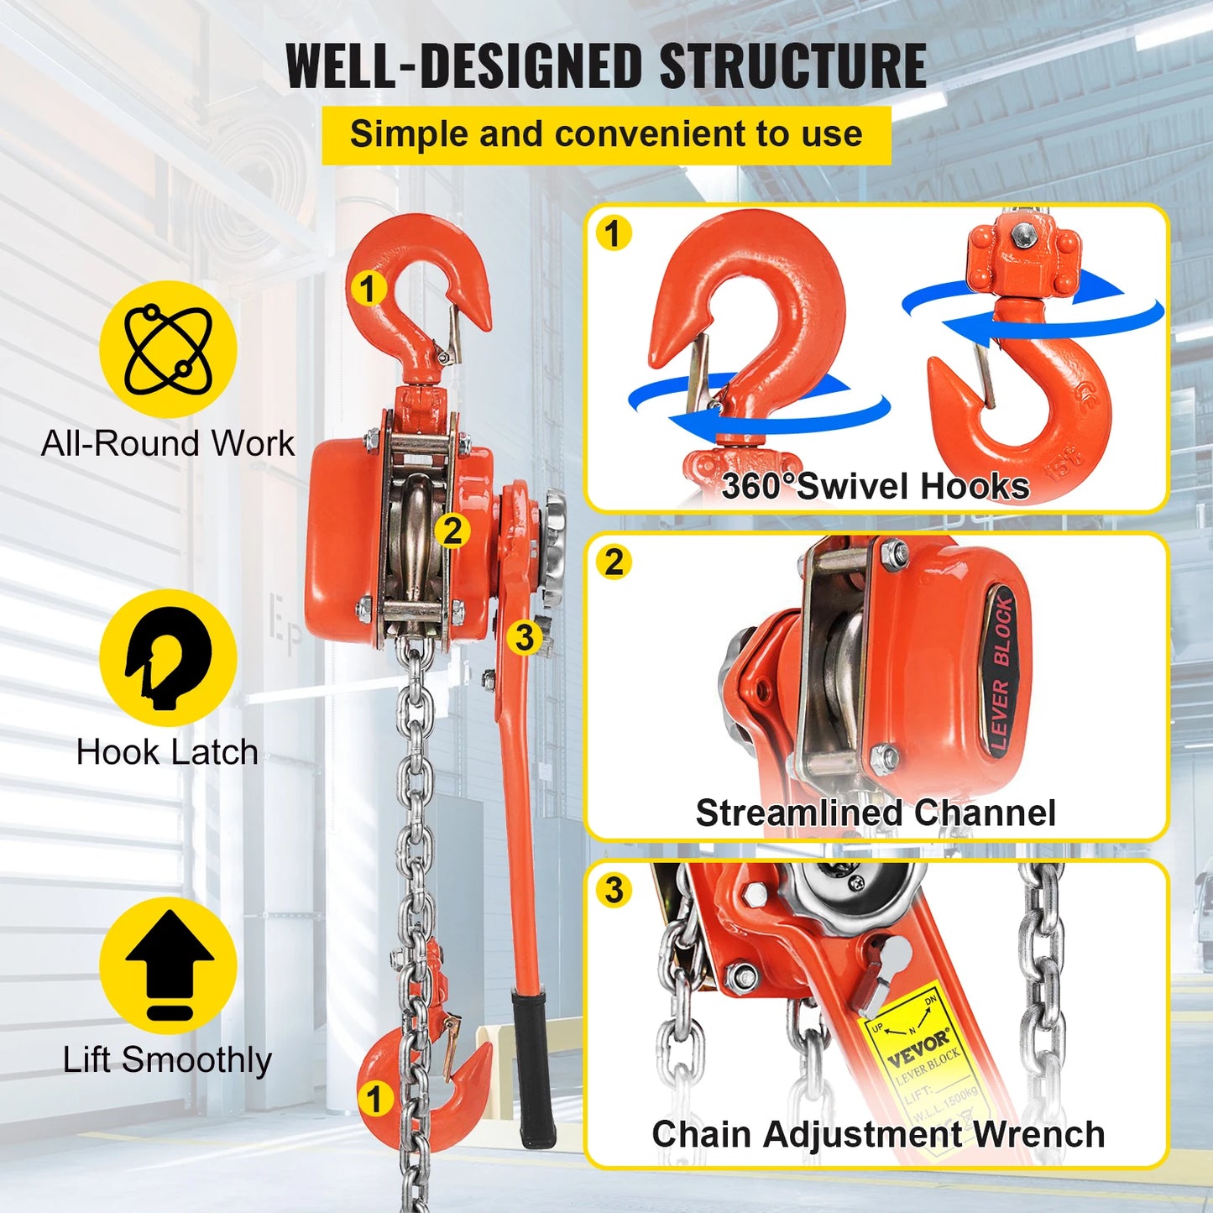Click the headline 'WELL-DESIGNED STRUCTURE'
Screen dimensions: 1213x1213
(606, 65)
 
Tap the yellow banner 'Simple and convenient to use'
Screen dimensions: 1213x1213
(606, 134)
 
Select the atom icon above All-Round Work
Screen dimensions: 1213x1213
(168, 349)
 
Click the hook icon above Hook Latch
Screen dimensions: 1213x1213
(168, 658)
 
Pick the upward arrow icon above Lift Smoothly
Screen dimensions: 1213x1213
(169, 965)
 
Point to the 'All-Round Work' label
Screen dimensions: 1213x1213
(168, 443)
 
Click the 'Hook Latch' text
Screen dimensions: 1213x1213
(167, 752)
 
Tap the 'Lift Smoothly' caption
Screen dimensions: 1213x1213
(167, 1059)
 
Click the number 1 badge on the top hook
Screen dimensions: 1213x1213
(368, 289)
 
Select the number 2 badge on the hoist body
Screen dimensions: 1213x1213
(452, 531)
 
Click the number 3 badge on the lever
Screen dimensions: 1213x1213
(525, 637)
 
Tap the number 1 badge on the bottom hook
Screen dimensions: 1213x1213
(374, 1098)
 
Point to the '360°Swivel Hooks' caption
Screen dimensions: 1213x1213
(876, 487)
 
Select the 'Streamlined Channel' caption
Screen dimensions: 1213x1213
(876, 813)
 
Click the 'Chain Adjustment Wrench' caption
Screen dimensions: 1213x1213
(878, 1134)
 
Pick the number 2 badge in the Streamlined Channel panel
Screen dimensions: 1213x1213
(614, 562)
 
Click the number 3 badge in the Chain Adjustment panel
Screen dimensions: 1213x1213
(614, 889)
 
